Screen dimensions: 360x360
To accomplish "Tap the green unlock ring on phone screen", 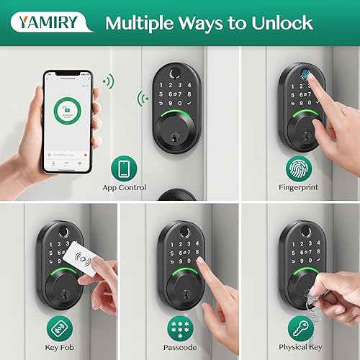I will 68,112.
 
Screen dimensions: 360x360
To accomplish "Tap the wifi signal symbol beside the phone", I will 107,81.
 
